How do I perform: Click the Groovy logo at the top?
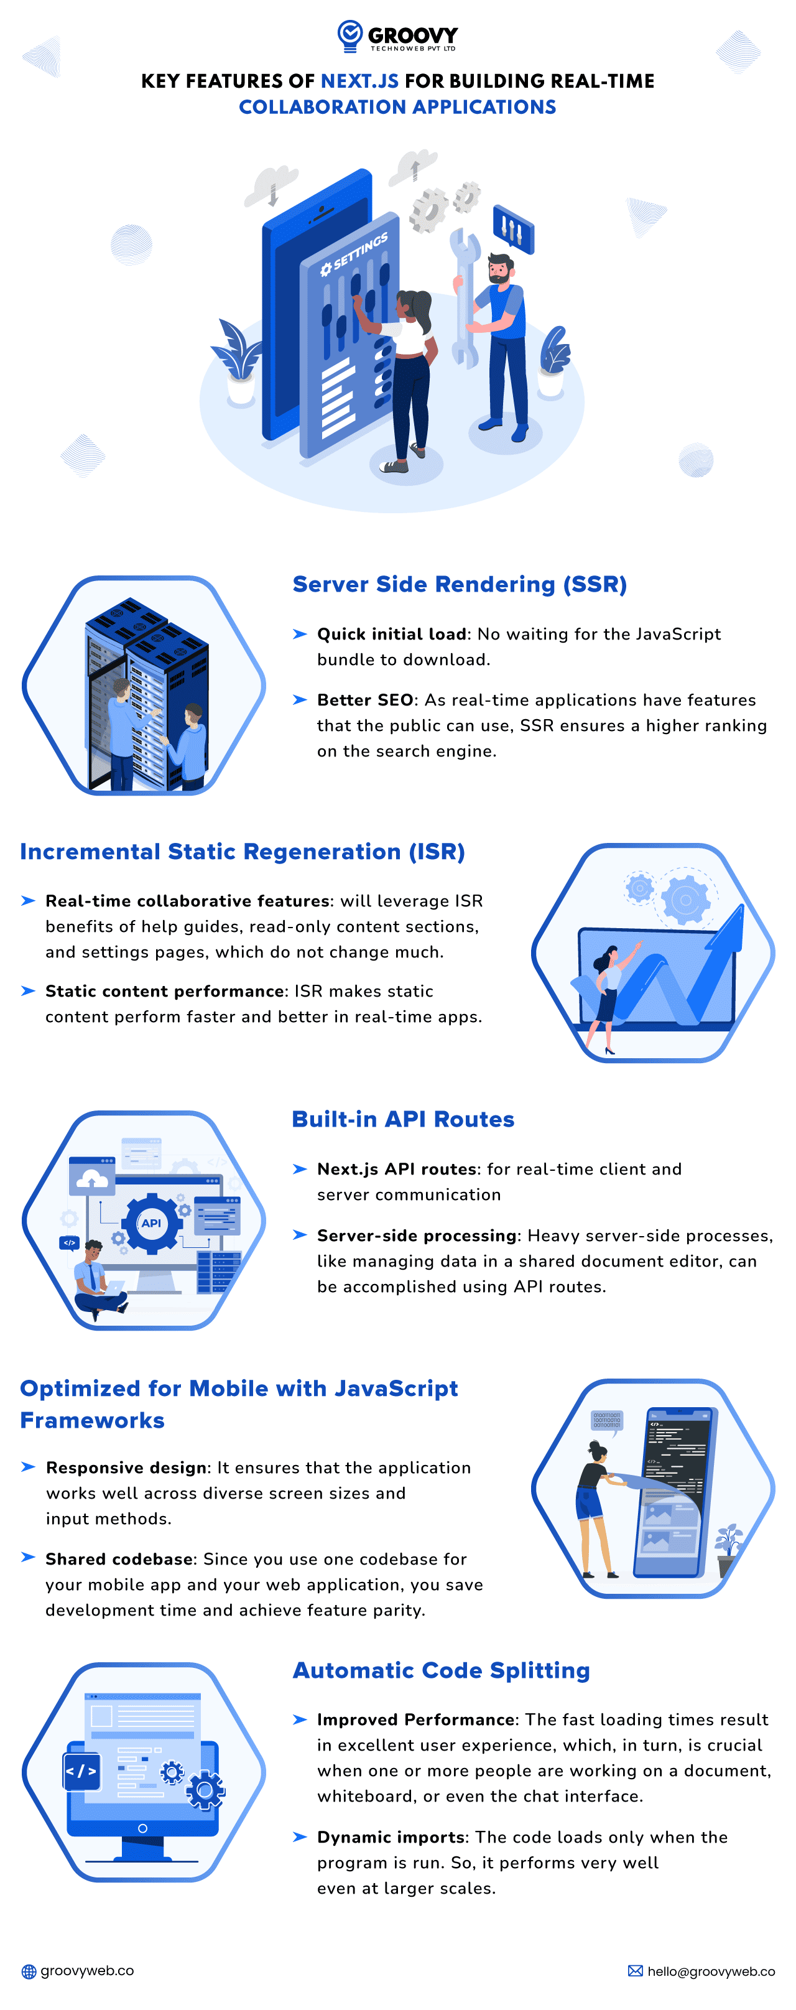click(397, 36)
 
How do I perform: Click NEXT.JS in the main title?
click(359, 81)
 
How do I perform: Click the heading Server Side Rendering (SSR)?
click(459, 584)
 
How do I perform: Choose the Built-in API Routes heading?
click(403, 1119)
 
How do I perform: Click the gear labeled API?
click(151, 1222)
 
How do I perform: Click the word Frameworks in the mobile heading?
click(92, 1420)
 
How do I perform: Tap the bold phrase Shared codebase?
click(119, 1558)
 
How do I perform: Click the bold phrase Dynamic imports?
click(391, 1837)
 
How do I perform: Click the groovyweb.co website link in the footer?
click(86, 1971)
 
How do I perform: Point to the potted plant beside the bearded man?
click(553, 363)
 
